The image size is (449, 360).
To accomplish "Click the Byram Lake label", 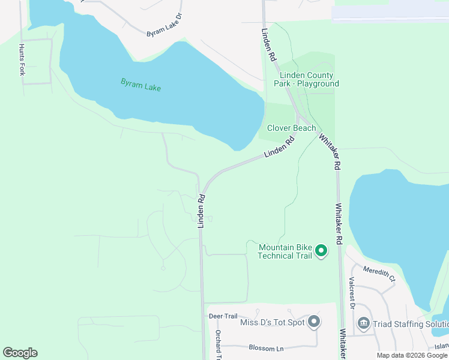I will (141, 84).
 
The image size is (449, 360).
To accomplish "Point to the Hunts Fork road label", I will (22, 59).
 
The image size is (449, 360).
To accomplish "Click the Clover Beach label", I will (291, 128).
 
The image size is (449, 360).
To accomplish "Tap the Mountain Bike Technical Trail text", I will (285, 251).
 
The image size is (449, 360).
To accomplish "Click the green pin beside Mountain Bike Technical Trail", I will (321, 251).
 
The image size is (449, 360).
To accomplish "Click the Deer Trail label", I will (223, 316).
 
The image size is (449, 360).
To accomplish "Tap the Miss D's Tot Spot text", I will (273, 323).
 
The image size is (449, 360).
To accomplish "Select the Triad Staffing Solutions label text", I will (411, 324).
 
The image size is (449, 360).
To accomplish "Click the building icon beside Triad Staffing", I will (364, 324).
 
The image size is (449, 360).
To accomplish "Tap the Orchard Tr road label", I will (219, 345).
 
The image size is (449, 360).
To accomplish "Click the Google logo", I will (20, 353).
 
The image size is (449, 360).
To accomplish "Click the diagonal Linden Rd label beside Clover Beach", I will (280, 148).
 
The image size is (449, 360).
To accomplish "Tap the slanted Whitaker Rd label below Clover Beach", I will (330, 151).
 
